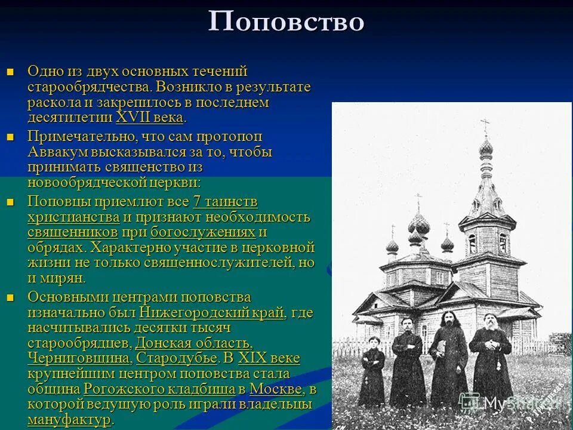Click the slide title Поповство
pos(286,22)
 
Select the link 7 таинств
pos(225,202)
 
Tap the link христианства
pos(73,217)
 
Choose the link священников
pos(73,232)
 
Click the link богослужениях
pos(203,232)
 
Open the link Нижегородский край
pos(212,312)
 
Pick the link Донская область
pos(192,343)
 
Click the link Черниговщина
pos(79,358)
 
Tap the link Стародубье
pos(177,358)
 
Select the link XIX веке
pos(269,358)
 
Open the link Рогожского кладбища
pos(159,389)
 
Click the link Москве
pos(276,389)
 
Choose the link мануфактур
pos(69,420)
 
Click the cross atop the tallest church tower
pos(485,126)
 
